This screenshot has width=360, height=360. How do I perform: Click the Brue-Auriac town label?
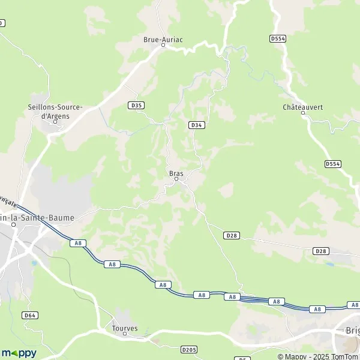(x=163, y=40)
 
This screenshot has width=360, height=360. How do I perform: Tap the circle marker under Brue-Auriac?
(x=163, y=46)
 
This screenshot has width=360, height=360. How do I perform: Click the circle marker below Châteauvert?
(x=302, y=113)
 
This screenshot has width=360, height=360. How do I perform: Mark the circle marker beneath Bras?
(x=176, y=179)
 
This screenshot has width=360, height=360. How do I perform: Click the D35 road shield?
(x=136, y=105)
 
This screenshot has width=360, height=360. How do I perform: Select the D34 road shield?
(x=196, y=125)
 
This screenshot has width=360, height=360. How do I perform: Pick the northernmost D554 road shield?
(x=277, y=38)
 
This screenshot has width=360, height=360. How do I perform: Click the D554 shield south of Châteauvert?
(x=332, y=164)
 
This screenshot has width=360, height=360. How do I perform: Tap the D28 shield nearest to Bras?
(x=232, y=236)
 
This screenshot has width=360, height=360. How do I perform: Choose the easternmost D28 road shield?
(x=321, y=251)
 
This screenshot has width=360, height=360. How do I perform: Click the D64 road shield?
(x=30, y=315)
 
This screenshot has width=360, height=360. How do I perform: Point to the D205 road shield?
(x=189, y=349)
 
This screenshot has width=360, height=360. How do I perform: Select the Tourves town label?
(x=125, y=328)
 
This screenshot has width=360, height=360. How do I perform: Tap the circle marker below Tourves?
(x=125, y=334)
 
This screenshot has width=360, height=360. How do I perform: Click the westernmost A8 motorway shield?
(x=77, y=243)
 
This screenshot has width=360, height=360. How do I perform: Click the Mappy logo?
(x=19, y=353)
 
